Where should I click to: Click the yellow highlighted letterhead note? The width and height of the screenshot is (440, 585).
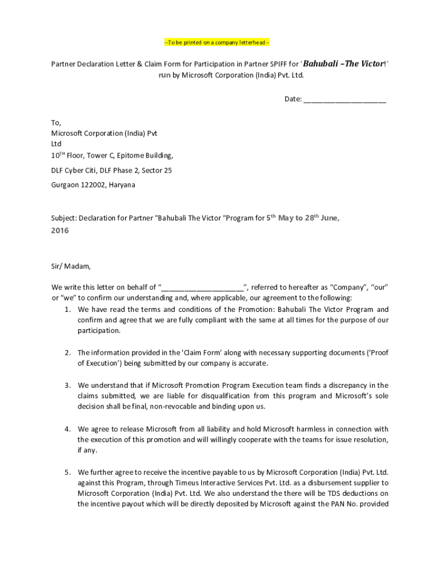pyautogui.click(x=217, y=43)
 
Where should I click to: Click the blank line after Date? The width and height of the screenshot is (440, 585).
pyautogui.click(x=345, y=99)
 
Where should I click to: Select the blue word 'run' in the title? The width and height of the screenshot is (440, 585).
pyautogui.click(x=165, y=75)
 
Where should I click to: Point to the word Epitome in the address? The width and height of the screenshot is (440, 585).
pyautogui.click(x=122, y=155)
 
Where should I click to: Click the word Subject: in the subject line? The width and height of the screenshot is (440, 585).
pyautogui.click(x=64, y=218)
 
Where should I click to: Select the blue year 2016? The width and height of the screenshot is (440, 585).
pyautogui.click(x=60, y=231)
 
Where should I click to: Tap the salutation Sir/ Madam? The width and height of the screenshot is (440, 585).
pyautogui.click(x=71, y=266)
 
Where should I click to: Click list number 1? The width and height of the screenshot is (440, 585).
pyautogui.click(x=67, y=310)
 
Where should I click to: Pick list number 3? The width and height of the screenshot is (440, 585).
pyautogui.click(x=67, y=386)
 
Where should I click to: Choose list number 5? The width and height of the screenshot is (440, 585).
pyautogui.click(x=67, y=472)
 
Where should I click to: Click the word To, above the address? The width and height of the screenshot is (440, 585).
pyautogui.click(x=56, y=123)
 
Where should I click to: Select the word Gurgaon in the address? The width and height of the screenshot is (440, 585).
pyautogui.click(x=64, y=186)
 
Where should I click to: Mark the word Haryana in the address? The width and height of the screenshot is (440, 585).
pyautogui.click(x=122, y=186)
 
